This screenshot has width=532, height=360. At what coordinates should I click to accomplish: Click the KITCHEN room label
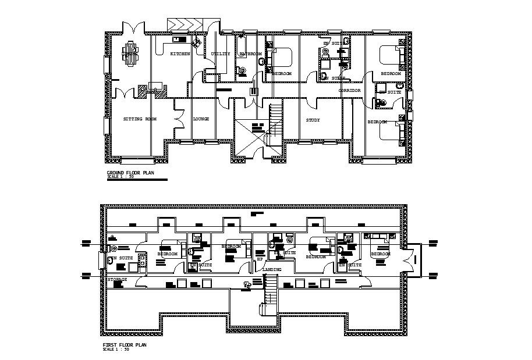[180, 54]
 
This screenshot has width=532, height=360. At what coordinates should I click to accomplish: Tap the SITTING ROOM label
[140, 119]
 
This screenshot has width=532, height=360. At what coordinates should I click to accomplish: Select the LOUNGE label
[201, 119]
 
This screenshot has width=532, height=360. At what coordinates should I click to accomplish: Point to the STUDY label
[313, 120]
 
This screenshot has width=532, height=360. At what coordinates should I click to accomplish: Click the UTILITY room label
[221, 54]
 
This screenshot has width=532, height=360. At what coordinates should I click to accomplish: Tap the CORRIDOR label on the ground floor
[350, 91]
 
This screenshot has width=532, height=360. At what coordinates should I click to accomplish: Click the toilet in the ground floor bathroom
[241, 71]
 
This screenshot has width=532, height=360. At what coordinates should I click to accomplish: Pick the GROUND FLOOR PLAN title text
[131, 173]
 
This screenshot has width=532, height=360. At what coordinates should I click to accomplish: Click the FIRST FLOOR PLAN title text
[125, 345]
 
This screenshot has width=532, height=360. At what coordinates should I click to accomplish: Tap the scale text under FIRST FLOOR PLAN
[115, 350]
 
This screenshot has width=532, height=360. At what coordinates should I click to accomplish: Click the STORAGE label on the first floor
[117, 280]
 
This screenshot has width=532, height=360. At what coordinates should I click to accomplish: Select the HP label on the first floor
[260, 259]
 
